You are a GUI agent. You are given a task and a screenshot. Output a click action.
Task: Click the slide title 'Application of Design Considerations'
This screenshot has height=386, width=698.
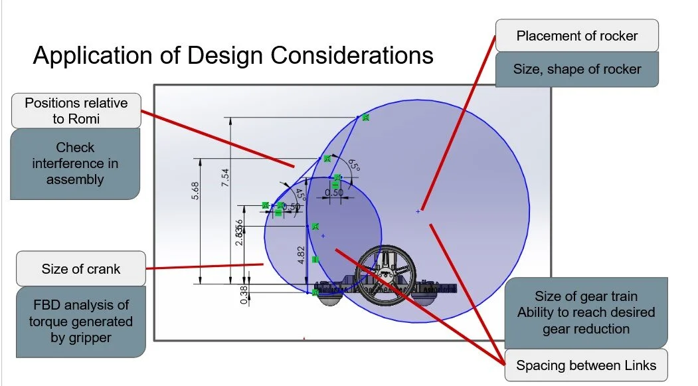pos(233,55)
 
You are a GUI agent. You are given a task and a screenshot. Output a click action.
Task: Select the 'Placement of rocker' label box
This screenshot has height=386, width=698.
pos(577,36)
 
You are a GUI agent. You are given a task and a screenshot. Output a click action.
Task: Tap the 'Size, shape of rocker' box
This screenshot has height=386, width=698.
pos(577,69)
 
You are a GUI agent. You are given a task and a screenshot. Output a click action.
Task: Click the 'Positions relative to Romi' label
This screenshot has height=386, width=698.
pos(76,111)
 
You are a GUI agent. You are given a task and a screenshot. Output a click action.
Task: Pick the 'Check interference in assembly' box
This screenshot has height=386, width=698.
pos(75,163)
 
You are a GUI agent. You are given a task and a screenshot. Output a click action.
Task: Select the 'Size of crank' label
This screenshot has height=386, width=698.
pos(81,269)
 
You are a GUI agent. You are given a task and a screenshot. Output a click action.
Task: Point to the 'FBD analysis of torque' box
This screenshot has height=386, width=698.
pos(80,322)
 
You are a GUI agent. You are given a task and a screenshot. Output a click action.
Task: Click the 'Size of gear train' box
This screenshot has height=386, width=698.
pos(586,312)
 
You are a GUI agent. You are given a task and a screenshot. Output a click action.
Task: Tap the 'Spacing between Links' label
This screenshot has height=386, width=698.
pos(586,365)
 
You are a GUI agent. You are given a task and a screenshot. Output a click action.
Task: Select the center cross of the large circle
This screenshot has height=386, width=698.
pos(418,211)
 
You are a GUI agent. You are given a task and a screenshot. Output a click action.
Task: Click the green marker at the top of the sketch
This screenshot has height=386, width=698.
pos(365,118)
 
